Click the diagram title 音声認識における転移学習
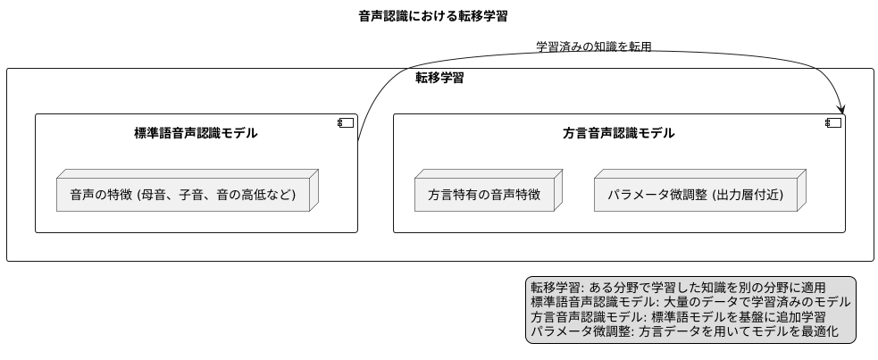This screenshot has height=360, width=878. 439,16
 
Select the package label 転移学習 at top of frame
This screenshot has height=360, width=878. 439,78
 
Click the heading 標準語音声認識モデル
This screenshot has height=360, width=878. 196,134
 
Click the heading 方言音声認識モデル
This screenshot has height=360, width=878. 619,134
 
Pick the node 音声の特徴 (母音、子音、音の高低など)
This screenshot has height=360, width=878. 182,194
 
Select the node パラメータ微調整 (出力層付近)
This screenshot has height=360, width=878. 695,194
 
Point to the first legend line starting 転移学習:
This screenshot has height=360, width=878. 678,288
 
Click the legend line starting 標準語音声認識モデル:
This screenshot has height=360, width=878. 690,302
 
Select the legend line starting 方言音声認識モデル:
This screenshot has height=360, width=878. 678,316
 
